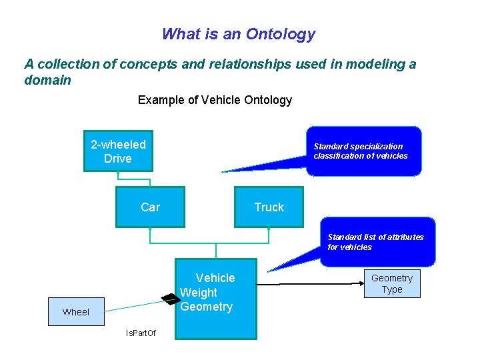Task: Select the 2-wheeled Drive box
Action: coord(118,151)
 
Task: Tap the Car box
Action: coord(150,207)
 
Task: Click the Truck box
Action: coord(269,207)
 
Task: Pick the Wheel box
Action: coord(76,312)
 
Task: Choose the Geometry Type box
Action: coord(392,284)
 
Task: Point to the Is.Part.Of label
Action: coord(141,333)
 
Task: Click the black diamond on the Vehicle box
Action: coord(167,299)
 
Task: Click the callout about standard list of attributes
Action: coord(377,242)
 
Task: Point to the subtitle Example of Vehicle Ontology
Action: coord(215,100)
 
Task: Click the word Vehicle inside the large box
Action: coord(215,278)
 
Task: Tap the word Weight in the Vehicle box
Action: coord(199,293)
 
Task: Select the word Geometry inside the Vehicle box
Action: coord(207,307)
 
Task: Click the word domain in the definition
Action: coord(47,80)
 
